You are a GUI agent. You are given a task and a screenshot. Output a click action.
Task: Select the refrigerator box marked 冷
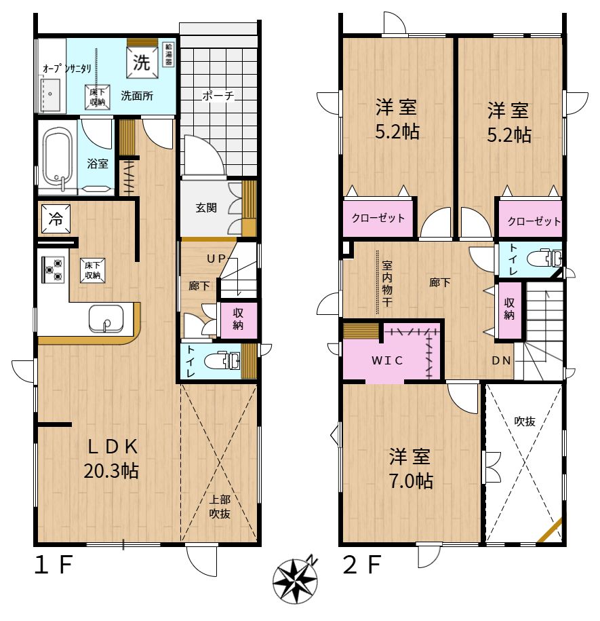[x=56, y=219]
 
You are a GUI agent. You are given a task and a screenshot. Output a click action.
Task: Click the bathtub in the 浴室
[x=58, y=157]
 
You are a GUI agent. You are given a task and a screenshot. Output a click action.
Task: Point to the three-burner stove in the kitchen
[x=53, y=269]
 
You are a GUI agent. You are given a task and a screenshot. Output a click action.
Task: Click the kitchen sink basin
[x=106, y=319]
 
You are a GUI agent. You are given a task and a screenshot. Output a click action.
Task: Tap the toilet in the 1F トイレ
[x=222, y=360]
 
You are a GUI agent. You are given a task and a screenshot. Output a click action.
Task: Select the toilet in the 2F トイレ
[x=544, y=259]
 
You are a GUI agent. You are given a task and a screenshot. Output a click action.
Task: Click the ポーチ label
[x=218, y=96]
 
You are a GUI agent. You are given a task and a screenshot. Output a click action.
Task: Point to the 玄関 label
[x=206, y=208]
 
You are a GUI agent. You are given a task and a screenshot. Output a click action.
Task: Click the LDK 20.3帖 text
[x=111, y=459]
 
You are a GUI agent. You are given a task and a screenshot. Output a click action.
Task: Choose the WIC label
[x=387, y=360]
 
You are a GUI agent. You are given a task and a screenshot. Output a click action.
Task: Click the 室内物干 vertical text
[x=387, y=283]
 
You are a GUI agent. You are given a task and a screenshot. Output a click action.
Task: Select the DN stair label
[x=501, y=361]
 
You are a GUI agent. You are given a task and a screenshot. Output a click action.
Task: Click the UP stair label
[x=216, y=259]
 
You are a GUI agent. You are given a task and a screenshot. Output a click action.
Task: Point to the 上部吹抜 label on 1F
[x=220, y=506]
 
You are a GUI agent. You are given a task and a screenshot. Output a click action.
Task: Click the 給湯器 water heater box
[x=169, y=54]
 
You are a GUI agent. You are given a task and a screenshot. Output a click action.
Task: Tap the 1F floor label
[x=54, y=565]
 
